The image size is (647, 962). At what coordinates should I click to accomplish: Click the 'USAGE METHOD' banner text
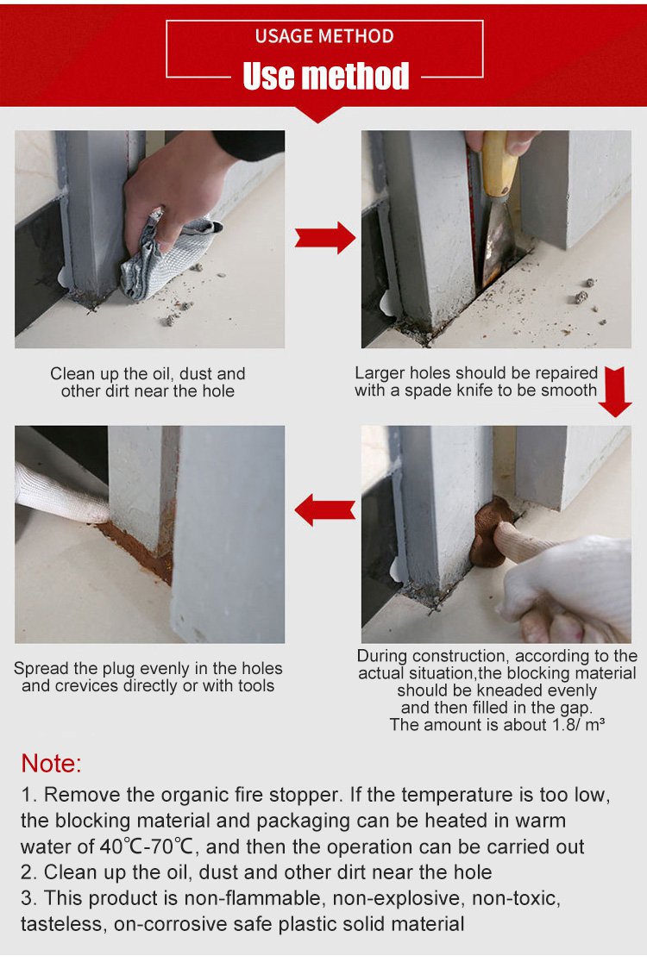(324, 36)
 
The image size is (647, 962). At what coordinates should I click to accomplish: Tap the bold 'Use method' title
(325, 76)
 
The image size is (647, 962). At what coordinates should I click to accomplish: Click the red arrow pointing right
(324, 237)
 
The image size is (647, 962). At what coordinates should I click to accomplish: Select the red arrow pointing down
(615, 392)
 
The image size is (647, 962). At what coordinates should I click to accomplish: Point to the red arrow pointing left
(324, 509)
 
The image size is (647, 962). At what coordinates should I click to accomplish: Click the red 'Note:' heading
(51, 763)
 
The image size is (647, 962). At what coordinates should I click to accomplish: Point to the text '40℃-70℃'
(147, 846)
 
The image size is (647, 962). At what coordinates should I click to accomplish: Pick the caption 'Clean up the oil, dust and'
(148, 373)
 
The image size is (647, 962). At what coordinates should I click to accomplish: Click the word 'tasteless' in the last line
(60, 924)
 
